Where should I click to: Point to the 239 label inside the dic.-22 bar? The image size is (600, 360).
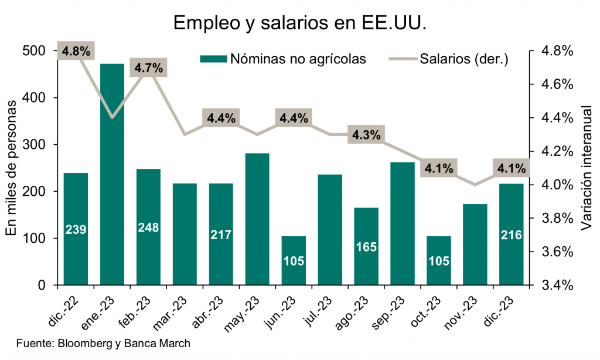tap(76, 229)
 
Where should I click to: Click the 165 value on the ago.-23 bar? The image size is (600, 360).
tap(366, 246)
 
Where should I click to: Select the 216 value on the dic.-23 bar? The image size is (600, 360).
tap(512, 235)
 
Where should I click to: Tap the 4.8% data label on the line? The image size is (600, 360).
tap(76, 51)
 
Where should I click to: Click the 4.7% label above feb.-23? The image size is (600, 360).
tap(148, 68)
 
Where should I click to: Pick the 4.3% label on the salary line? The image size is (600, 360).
tap(366, 135)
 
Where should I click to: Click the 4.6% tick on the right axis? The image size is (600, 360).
tap(556, 84)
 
